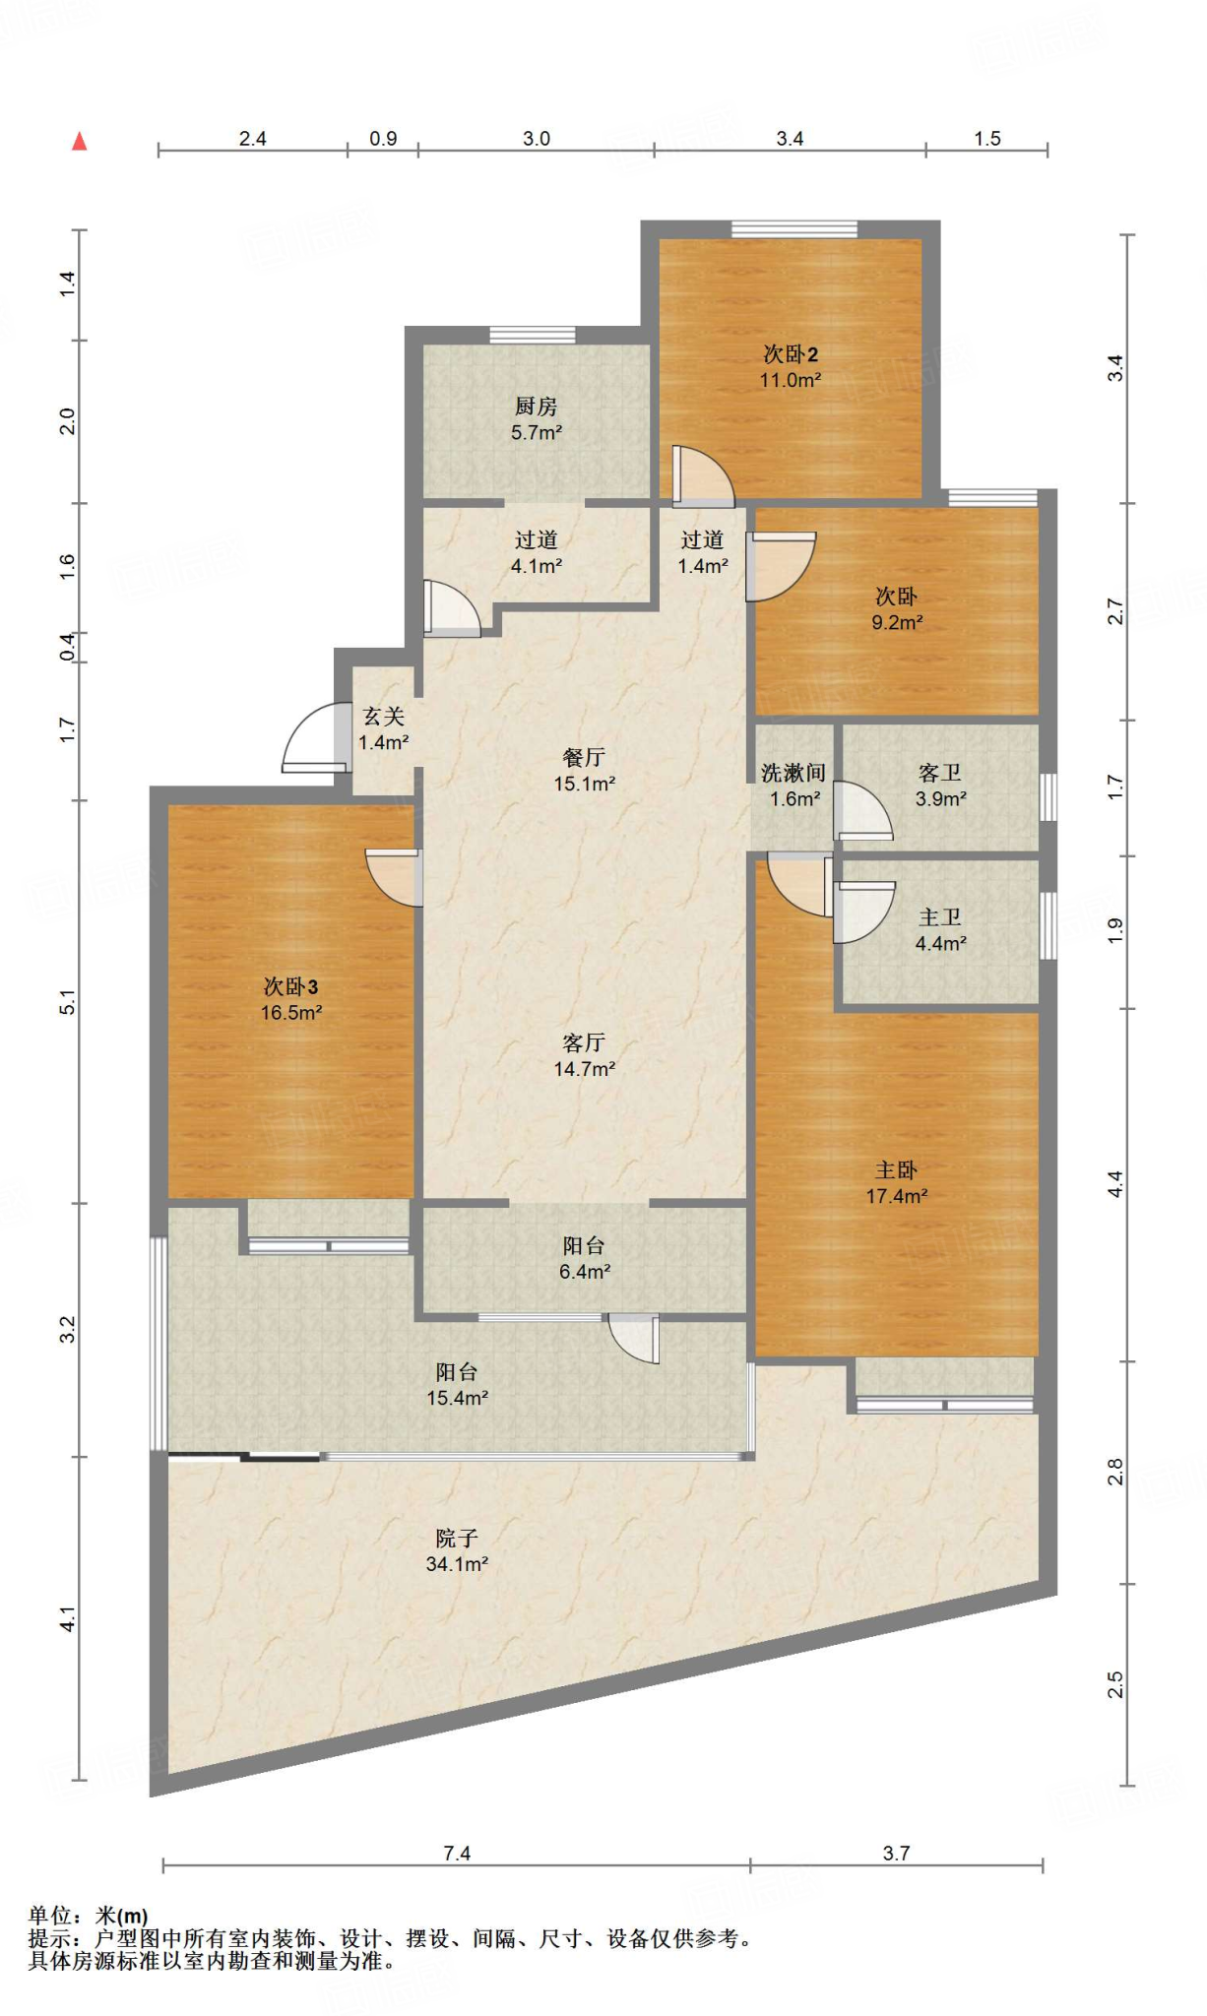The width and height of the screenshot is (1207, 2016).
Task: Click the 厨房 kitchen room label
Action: (x=536, y=406)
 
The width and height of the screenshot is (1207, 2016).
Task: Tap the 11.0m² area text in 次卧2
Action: (x=790, y=380)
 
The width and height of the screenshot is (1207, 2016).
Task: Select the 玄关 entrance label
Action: (x=383, y=717)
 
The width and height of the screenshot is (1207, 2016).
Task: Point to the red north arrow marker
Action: (x=80, y=142)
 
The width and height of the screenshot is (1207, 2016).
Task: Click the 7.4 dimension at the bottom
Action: (x=457, y=1854)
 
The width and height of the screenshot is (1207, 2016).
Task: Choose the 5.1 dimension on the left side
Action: (x=67, y=1002)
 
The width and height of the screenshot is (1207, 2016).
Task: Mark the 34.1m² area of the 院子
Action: (x=457, y=1563)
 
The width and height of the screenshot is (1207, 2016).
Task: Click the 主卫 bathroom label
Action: (x=940, y=917)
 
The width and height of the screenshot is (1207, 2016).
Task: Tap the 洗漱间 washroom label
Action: (x=794, y=773)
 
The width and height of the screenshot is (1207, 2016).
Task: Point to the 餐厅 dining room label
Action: (x=584, y=757)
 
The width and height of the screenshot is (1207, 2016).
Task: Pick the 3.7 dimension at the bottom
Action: (x=896, y=1854)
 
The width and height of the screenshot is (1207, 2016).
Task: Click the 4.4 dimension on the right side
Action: (x=1114, y=1183)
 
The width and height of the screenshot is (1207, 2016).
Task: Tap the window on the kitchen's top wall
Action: (x=533, y=335)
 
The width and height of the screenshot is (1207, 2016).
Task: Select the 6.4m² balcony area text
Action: (x=585, y=1272)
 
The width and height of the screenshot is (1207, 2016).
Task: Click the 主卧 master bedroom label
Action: (x=896, y=1169)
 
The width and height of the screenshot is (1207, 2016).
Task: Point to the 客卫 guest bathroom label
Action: (x=940, y=773)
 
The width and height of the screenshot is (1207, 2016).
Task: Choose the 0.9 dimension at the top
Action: (x=383, y=139)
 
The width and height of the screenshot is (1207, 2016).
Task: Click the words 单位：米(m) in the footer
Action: (x=89, y=1916)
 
